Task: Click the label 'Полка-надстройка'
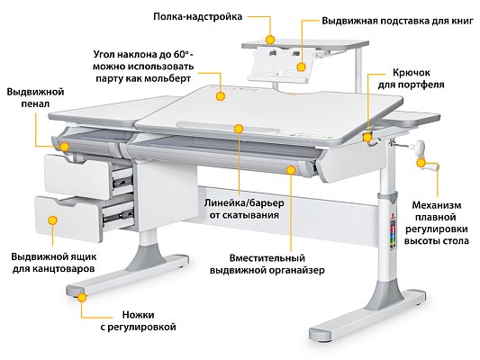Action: click(197, 16)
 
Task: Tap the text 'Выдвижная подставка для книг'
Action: click(397, 21)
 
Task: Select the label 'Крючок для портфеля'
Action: click(411, 78)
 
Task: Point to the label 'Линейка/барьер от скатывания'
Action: click(244, 209)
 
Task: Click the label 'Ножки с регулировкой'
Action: click(139, 320)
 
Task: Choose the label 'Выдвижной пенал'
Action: click(35, 97)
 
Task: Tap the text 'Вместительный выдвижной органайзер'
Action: click(267, 265)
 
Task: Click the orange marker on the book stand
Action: click(301, 67)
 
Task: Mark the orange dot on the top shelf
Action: click(270, 40)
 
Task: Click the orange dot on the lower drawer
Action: click(53, 220)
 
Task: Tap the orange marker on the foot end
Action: click(82, 297)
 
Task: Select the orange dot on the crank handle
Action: click(421, 163)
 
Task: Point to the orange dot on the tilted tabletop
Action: click(220, 96)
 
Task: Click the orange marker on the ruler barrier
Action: click(239, 129)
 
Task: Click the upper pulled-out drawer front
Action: click(77, 176)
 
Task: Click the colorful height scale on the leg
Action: click(393, 233)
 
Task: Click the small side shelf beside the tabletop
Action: click(412, 119)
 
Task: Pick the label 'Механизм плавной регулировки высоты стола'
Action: click(436, 222)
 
